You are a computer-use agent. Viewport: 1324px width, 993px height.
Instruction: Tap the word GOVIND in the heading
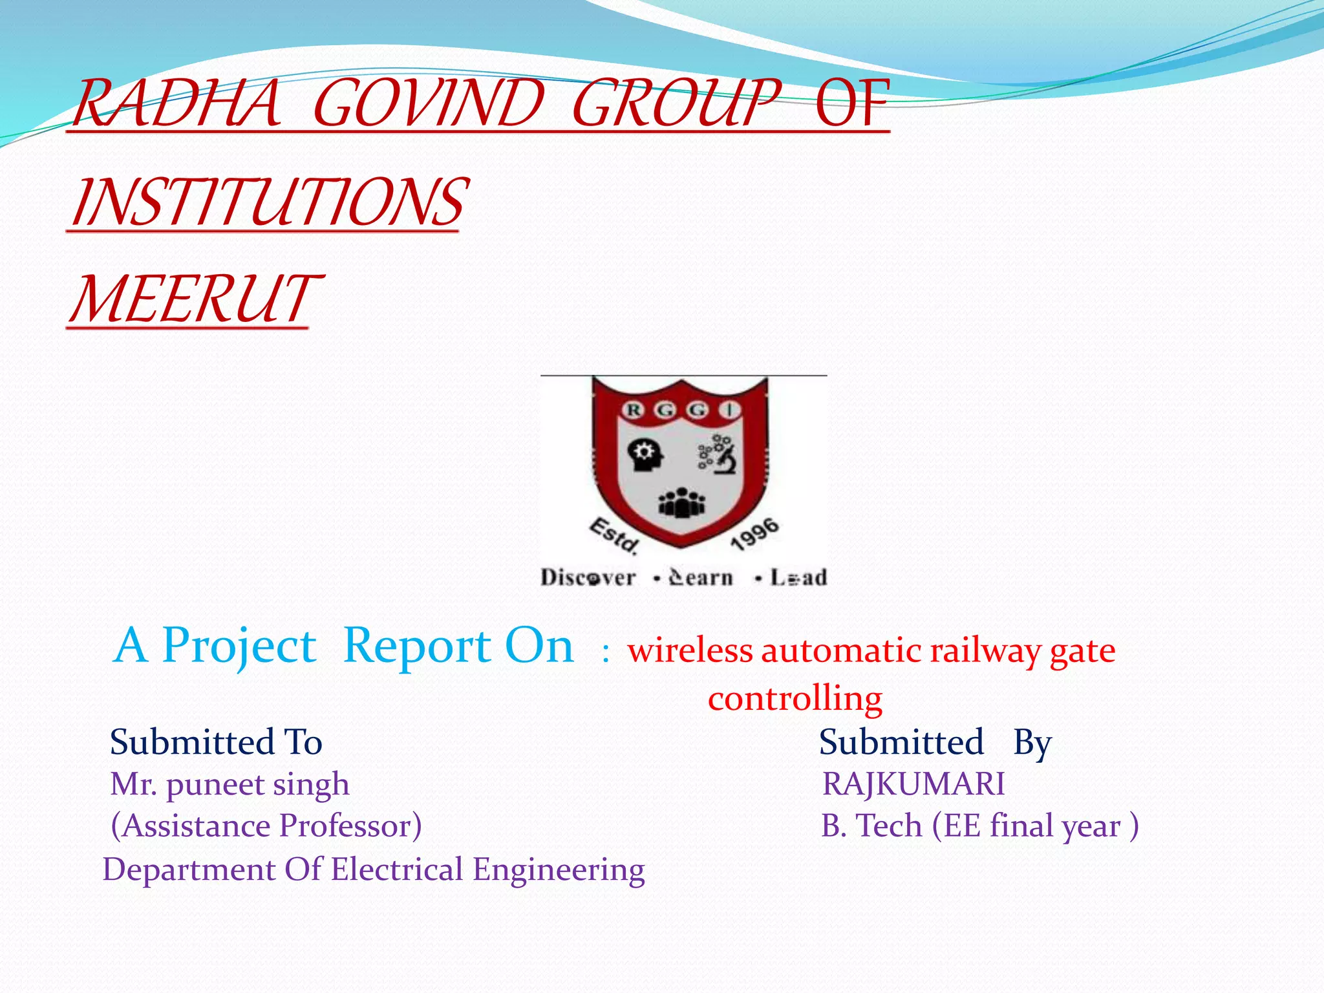(x=428, y=103)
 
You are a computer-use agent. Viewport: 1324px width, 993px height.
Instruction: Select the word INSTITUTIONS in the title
(x=268, y=202)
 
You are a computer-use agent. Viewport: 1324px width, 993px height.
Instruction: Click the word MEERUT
(x=194, y=299)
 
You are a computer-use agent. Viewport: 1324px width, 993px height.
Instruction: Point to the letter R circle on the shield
(x=634, y=410)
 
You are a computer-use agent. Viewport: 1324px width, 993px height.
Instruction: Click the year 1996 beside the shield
(x=754, y=534)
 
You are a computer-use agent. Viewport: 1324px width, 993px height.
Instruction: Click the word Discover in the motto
(x=588, y=577)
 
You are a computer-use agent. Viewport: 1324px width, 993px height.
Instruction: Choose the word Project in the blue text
(x=239, y=646)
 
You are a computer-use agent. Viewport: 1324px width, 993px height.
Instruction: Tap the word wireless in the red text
(x=690, y=650)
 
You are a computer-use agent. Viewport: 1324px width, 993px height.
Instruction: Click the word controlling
(x=795, y=698)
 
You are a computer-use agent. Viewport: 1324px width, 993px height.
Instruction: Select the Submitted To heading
(x=216, y=742)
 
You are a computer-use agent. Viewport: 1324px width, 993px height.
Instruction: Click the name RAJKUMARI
(x=913, y=784)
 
